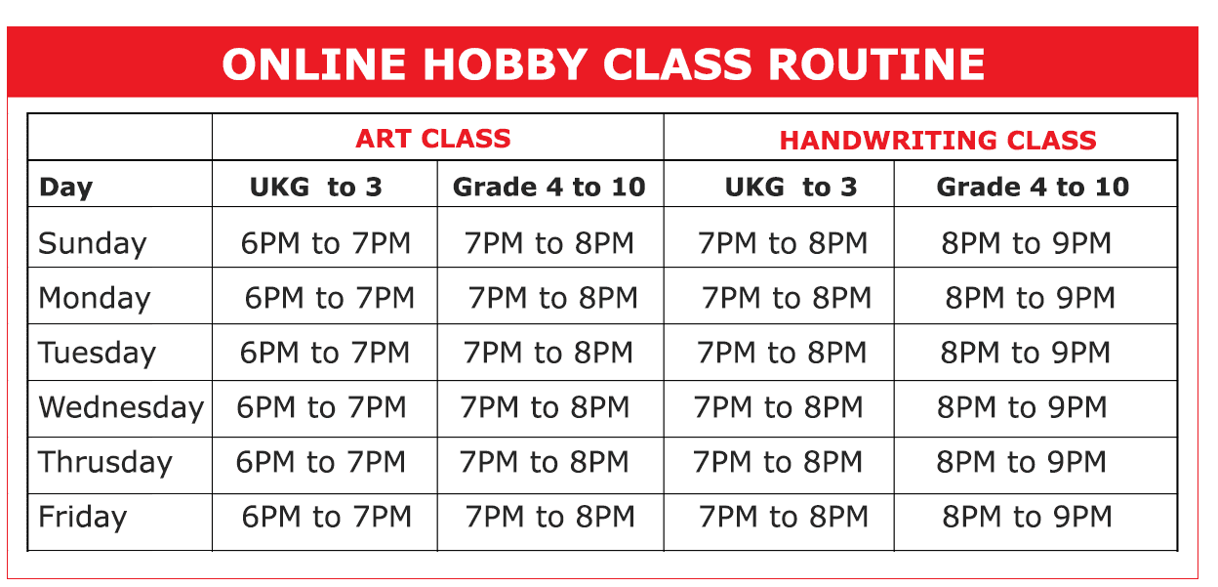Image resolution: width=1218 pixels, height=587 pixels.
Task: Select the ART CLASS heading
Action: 433,139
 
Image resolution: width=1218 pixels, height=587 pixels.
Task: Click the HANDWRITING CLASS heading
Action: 938,141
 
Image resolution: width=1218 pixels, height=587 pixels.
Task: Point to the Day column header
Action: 65,188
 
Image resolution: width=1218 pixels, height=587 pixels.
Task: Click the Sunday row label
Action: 93,243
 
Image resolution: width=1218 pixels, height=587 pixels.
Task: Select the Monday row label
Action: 94,298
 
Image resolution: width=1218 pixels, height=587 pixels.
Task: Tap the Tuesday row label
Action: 97,353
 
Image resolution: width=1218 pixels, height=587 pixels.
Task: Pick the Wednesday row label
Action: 121,407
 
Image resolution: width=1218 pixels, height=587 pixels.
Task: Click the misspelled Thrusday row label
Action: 105,462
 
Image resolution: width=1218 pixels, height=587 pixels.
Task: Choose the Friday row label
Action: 82,517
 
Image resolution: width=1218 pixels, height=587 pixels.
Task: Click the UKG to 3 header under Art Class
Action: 316,188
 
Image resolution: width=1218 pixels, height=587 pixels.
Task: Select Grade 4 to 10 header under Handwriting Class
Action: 1033,188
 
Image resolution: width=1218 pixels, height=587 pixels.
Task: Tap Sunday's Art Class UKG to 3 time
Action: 325,243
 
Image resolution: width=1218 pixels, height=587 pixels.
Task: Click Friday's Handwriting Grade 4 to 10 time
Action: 1027,517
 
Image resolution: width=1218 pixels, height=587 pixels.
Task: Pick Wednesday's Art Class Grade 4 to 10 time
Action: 545,407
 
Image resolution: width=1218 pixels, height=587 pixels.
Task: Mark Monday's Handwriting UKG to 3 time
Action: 787,298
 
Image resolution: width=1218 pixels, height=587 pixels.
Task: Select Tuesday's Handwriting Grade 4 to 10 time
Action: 1026,353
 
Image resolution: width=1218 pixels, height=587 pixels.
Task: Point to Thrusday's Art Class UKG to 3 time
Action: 321,462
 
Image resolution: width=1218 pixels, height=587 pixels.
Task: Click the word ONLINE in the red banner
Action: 314,64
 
